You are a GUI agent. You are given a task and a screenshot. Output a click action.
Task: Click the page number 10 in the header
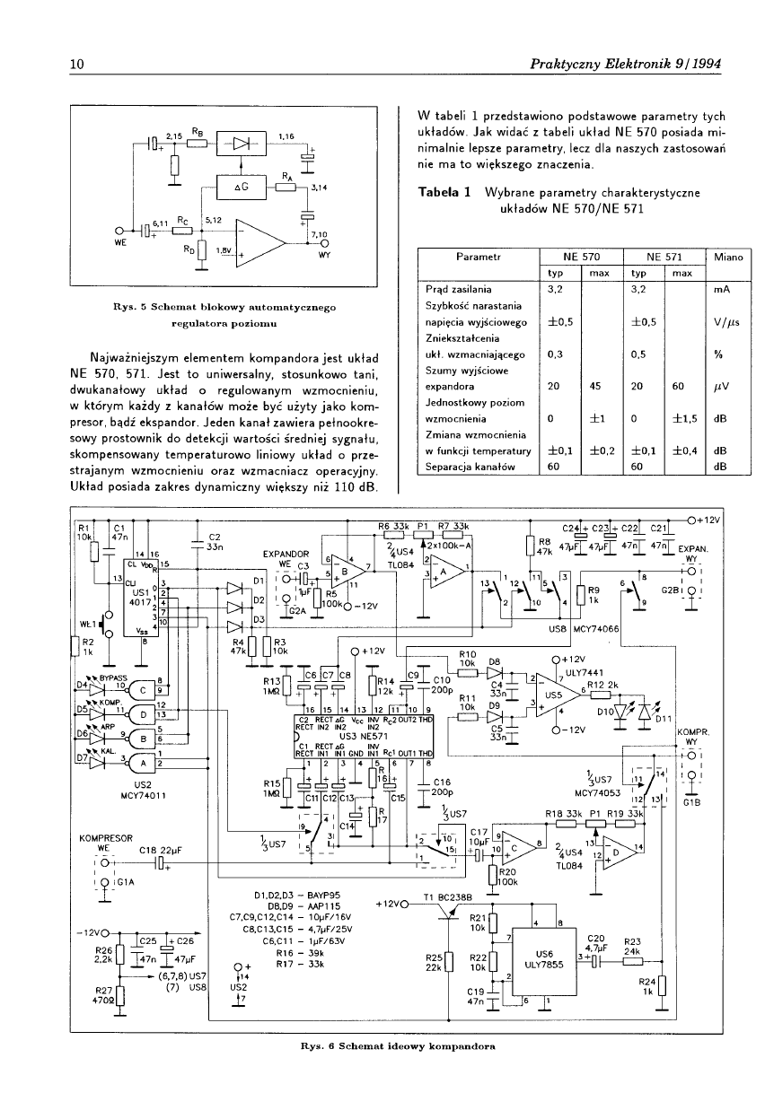76,64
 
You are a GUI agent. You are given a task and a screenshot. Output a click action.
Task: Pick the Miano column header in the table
729,258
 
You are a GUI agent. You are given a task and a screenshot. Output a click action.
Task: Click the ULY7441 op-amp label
582,673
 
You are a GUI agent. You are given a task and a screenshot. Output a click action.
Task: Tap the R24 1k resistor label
647,987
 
